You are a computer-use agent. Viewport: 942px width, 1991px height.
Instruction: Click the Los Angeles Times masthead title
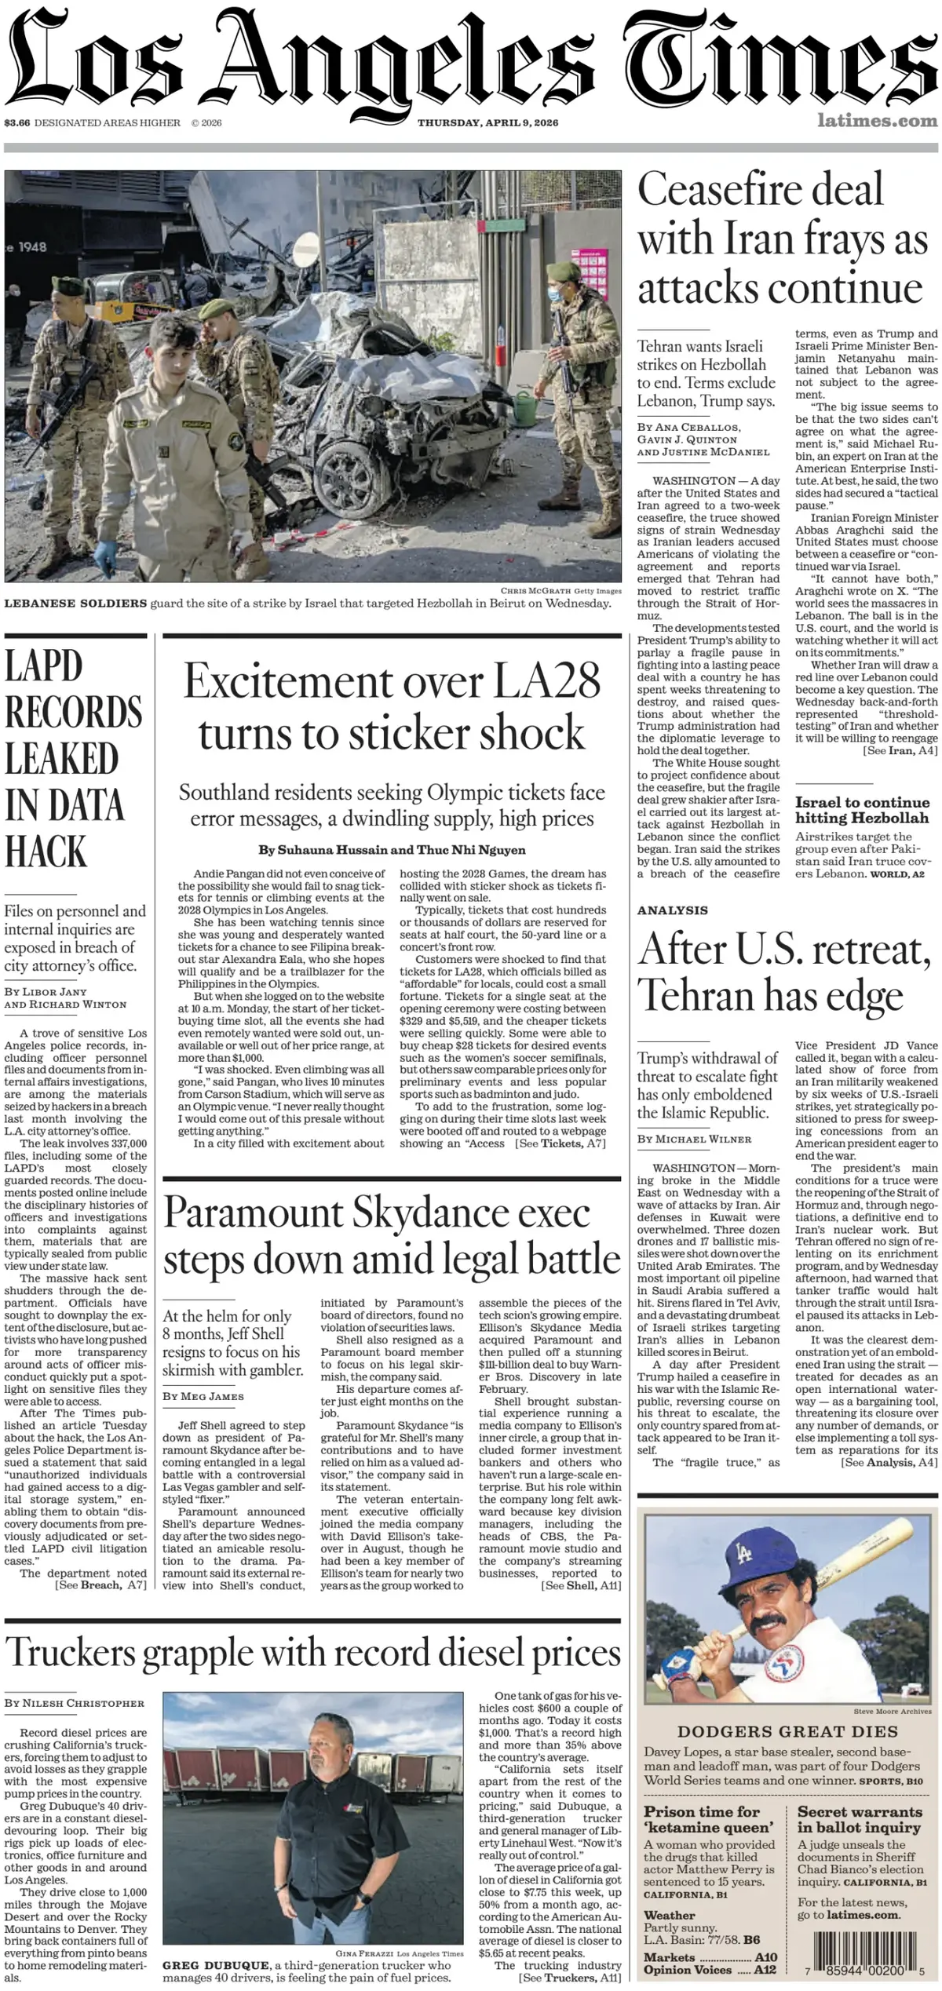click(x=471, y=59)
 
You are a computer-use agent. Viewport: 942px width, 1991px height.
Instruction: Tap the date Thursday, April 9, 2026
click(x=487, y=122)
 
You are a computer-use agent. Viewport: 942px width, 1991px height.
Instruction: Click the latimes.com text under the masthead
click(x=877, y=121)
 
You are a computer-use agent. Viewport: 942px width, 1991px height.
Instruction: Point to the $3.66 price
click(x=16, y=122)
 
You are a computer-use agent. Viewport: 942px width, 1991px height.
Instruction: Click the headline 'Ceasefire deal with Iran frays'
click(x=782, y=239)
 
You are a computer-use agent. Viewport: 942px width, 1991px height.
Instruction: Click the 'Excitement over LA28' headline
click(x=392, y=706)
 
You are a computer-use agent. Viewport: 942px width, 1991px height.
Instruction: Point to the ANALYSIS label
click(x=673, y=910)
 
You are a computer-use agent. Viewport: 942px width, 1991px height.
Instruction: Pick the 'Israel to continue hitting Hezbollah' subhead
click(x=862, y=810)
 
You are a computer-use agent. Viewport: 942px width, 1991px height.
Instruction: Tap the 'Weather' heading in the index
click(x=670, y=1916)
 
